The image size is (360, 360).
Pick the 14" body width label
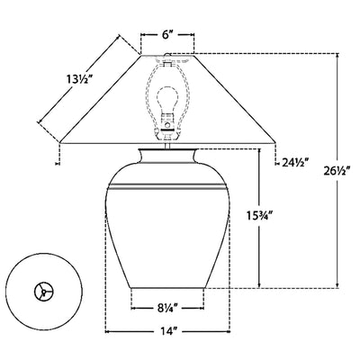click(167, 332)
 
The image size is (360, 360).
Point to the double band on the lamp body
click(167, 186)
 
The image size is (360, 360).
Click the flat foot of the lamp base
click(167, 287)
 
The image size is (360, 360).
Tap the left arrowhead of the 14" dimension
click(109, 332)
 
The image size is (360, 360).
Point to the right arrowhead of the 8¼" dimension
click(204, 308)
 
